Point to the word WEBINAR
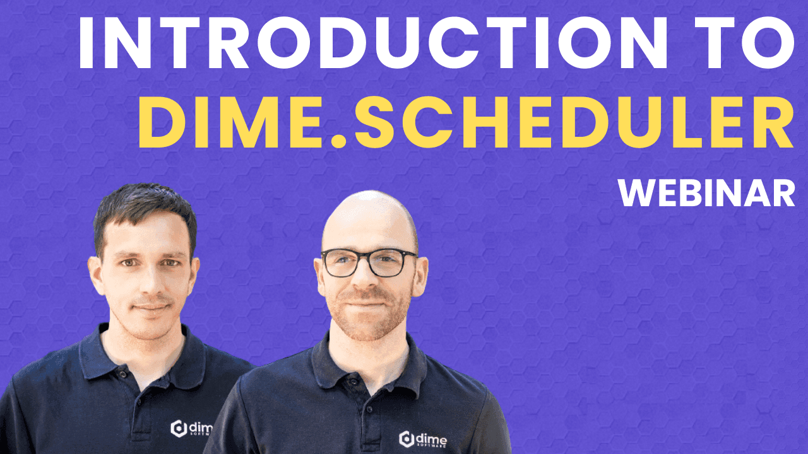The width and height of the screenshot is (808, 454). click(x=706, y=193)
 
